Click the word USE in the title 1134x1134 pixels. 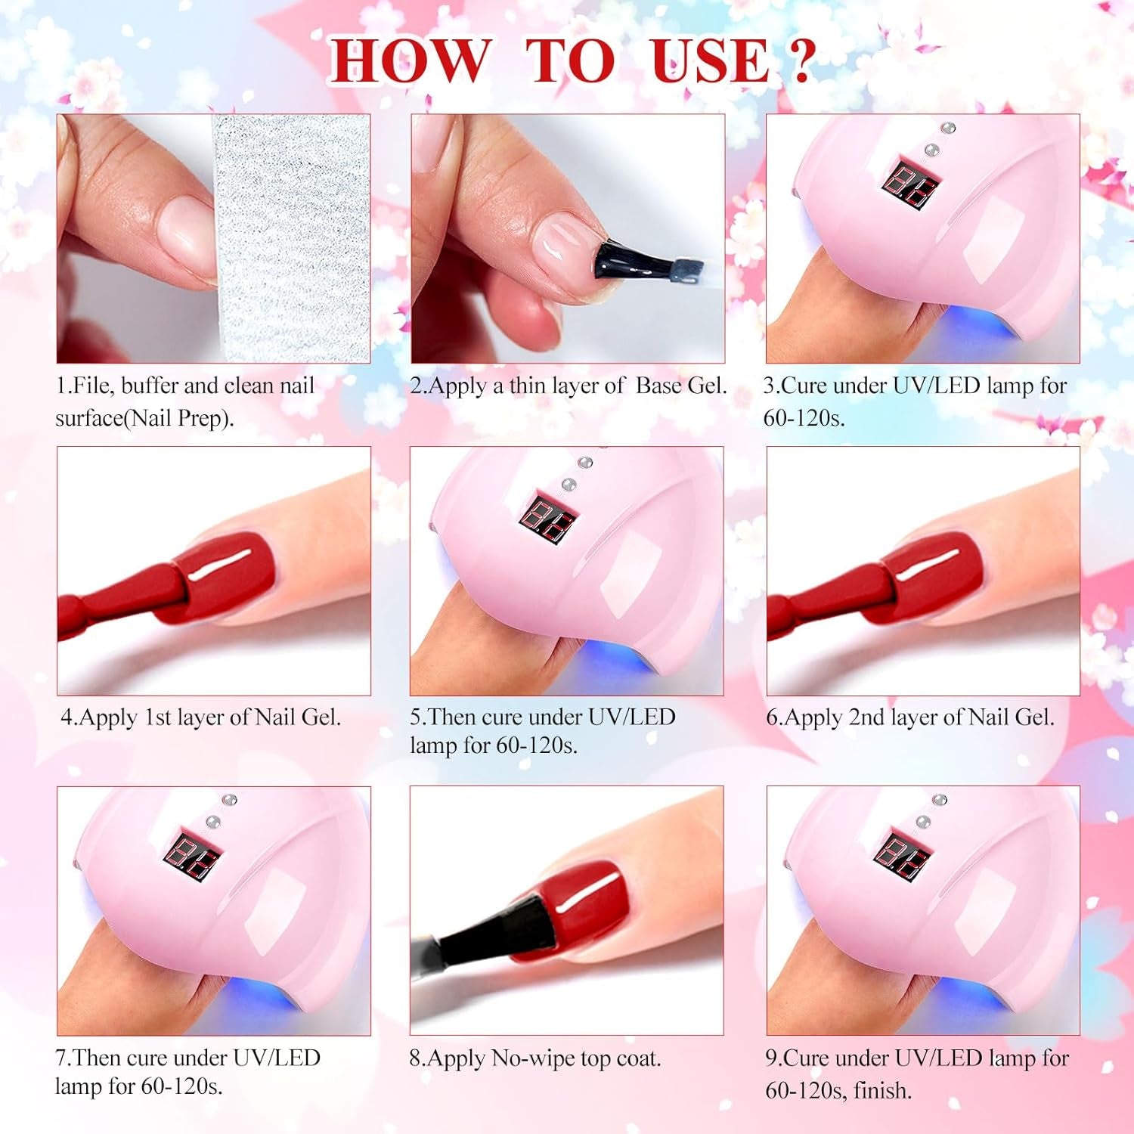click(711, 60)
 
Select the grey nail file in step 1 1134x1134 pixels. click(291, 238)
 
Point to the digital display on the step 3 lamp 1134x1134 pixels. click(914, 184)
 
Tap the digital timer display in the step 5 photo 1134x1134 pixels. click(550, 517)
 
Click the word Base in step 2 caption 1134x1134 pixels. click(658, 386)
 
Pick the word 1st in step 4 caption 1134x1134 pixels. click(157, 717)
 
